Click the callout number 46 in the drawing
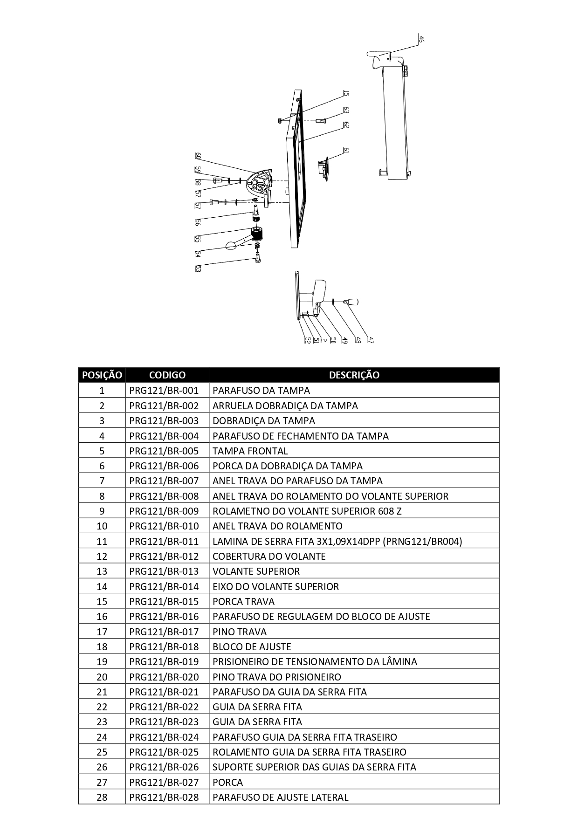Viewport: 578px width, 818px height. point(421,40)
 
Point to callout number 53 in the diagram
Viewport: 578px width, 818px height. point(198,269)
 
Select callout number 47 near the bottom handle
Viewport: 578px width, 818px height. point(371,340)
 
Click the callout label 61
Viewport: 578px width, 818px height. point(346,151)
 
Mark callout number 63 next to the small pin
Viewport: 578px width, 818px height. point(346,110)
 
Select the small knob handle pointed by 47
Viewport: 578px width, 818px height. point(353,302)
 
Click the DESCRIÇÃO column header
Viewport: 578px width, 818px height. point(354,375)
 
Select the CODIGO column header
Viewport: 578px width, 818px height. point(167,375)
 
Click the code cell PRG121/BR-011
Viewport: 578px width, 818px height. point(164,541)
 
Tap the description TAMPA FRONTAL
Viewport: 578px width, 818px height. point(250,451)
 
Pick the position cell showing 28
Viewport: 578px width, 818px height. point(102,797)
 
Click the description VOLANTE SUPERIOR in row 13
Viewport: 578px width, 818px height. point(256,571)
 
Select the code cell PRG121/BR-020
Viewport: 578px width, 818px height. point(164,677)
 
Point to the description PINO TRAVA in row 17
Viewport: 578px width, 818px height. point(240,632)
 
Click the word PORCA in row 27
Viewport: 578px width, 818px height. point(227,782)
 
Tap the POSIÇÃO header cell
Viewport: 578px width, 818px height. point(102,375)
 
